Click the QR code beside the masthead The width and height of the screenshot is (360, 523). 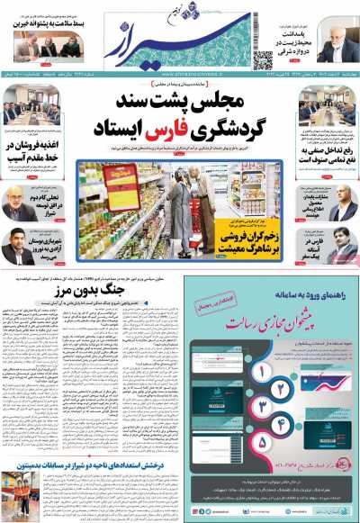pyautogui.click(x=262, y=60)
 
